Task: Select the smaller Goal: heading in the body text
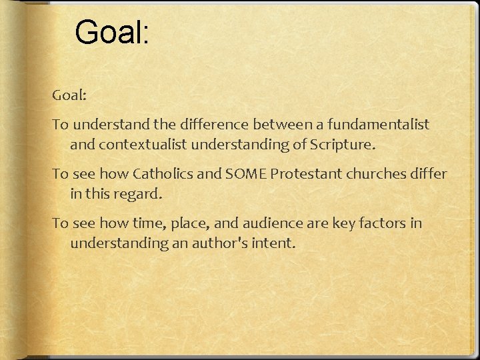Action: pyautogui.click(x=70, y=95)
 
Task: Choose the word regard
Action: pyautogui.click(x=139, y=195)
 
